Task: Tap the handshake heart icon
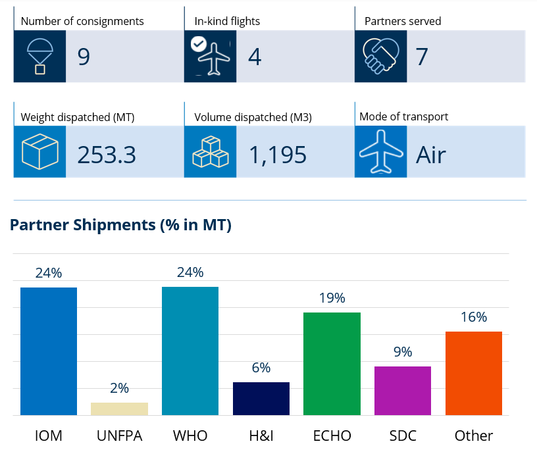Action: click(381, 56)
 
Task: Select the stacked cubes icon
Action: click(211, 152)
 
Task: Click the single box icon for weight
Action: click(39, 152)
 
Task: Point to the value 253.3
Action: click(107, 155)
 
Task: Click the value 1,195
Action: click(278, 155)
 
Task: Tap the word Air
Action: click(431, 155)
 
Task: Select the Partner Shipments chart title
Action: click(120, 225)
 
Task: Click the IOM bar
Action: click(49, 351)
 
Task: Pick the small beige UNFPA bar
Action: click(120, 409)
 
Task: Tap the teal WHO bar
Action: click(190, 351)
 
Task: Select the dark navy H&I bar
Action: click(261, 399)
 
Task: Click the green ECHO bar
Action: click(332, 364)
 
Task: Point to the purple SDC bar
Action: click(403, 391)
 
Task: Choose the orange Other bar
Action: click(474, 373)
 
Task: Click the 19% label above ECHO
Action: click(332, 298)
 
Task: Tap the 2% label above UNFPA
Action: click(120, 388)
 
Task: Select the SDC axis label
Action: click(403, 436)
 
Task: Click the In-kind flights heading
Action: click(227, 21)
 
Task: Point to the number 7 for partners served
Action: click(422, 57)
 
